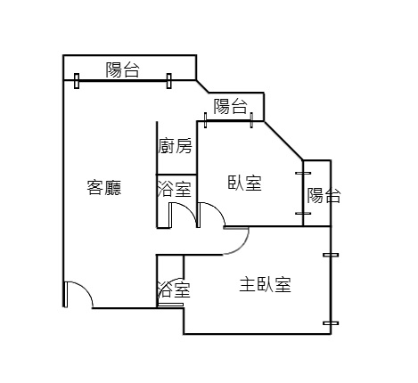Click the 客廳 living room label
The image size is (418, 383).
104,187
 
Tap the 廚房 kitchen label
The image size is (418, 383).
175,145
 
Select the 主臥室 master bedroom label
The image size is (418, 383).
266,284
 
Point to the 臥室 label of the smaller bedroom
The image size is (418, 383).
244,183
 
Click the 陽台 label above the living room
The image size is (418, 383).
123,69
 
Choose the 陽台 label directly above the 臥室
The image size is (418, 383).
231,106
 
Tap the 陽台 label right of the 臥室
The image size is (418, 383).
324,195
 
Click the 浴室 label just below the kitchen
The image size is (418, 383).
174,189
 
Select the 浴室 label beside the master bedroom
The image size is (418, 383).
174,289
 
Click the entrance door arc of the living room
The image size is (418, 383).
86,289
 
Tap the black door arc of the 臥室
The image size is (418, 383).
217,208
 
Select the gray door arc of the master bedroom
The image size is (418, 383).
243,247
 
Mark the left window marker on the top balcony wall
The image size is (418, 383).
77,81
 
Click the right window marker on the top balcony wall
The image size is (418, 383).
169,81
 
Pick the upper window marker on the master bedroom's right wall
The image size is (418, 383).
331,255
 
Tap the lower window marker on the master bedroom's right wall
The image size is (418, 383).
331,323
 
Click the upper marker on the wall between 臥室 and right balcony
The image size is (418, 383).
303,173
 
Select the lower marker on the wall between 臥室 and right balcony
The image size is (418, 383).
303,213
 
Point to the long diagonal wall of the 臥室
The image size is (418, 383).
283,141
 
